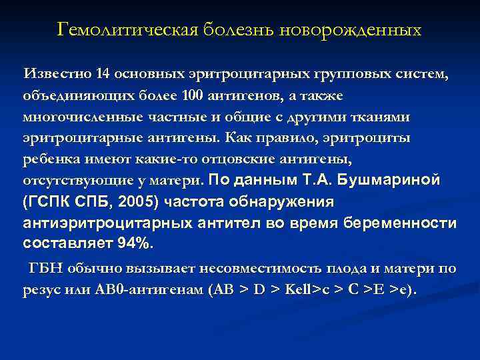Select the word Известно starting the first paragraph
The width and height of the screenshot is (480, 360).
pyautogui.click(x=55, y=73)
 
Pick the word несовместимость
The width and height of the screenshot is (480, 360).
pyautogui.click(x=257, y=269)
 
